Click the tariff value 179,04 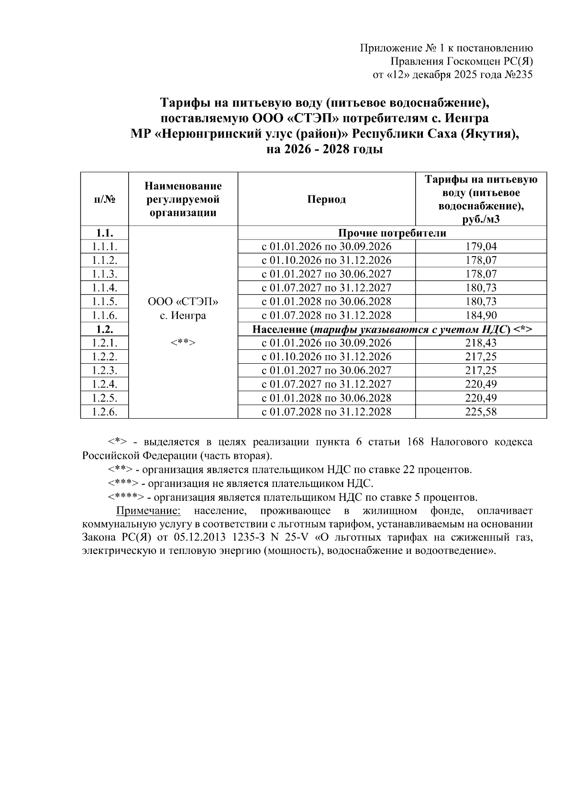tap(481, 247)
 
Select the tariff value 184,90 tap(481, 315)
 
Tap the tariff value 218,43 tap(481, 343)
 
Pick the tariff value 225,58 tap(481, 412)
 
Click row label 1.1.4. tap(104, 288)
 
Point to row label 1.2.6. tap(104, 412)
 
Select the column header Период tap(326, 199)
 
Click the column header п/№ tap(104, 199)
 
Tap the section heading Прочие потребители tap(392, 233)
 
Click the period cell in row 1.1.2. tap(326, 260)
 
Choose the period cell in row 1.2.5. tap(326, 398)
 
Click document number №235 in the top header tap(518, 75)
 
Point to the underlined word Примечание tap(148, 511)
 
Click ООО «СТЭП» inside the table tap(183, 302)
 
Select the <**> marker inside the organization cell tap(183, 343)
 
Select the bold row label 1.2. tap(104, 329)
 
